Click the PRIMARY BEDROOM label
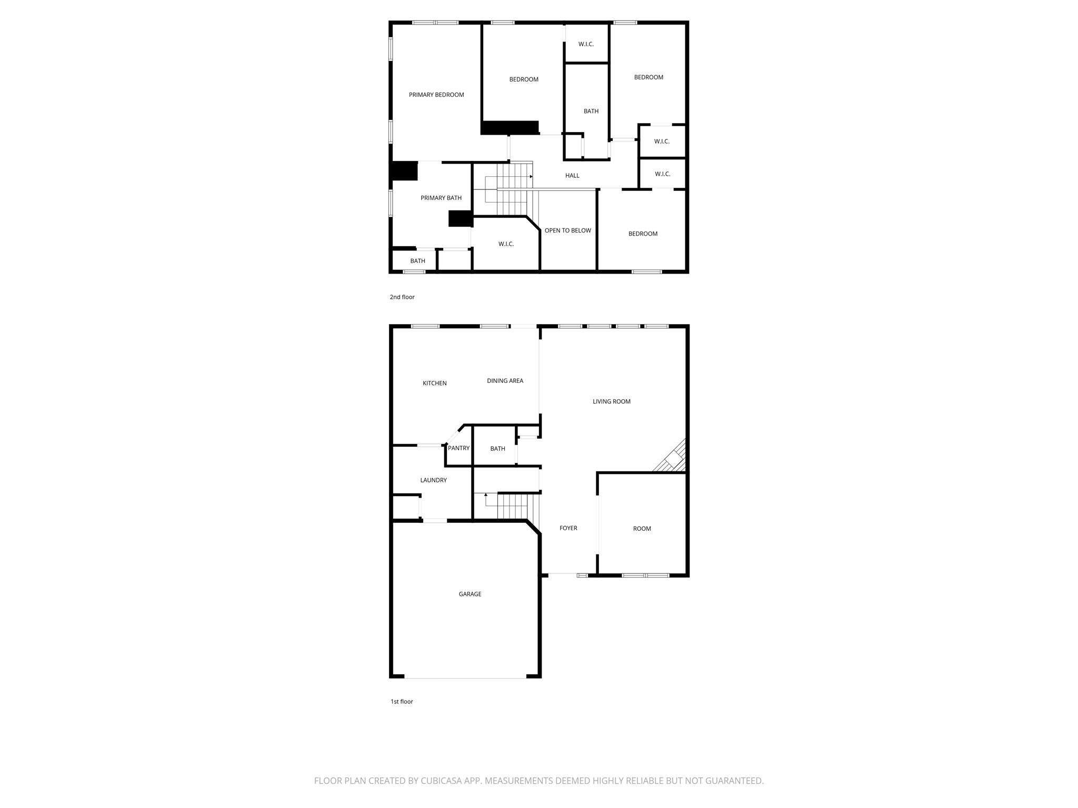click(436, 95)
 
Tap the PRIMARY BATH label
click(441, 198)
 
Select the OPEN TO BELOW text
click(567, 230)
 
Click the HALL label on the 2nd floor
click(572, 176)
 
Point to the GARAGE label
click(470, 594)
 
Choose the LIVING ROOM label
click(611, 401)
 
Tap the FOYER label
click(568, 528)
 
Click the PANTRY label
click(458, 448)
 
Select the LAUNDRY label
click(433, 480)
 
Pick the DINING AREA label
click(505, 381)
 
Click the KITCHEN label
click(435, 383)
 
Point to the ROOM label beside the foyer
click(642, 529)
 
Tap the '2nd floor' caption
click(402, 297)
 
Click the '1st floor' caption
click(402, 702)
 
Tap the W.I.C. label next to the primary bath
click(506, 244)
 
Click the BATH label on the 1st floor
click(497, 449)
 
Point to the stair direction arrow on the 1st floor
click(485, 495)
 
